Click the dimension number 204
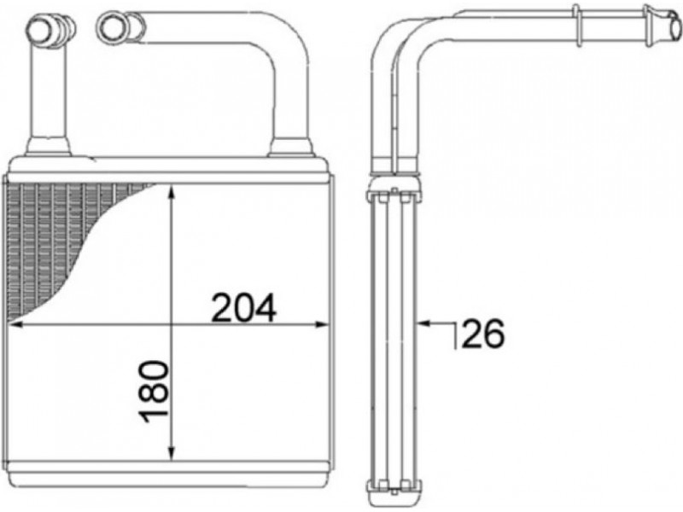[x=243, y=308]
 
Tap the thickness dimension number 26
[x=482, y=334]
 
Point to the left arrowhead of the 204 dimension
[x=15, y=324]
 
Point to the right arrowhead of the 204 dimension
[x=321, y=324]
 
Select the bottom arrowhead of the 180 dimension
[x=172, y=453]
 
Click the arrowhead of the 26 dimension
[x=423, y=323]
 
